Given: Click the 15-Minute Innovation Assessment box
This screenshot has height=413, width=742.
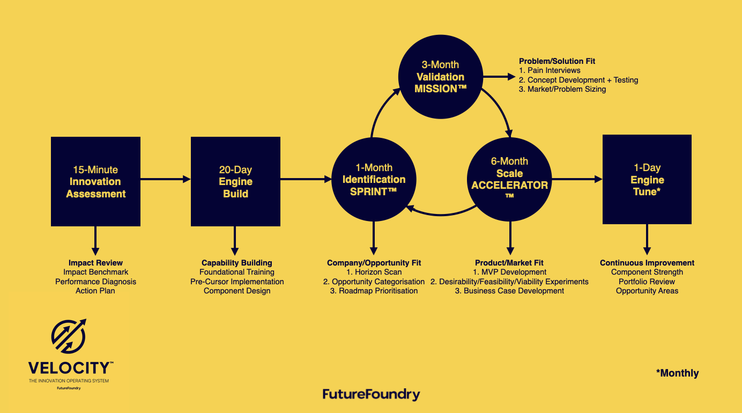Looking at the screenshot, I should [x=95, y=181].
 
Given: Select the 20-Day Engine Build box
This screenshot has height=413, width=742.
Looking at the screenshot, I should [x=235, y=181].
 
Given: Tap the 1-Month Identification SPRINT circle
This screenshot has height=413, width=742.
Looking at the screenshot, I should [x=374, y=179].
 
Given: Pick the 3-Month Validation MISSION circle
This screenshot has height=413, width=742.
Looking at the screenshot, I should [x=440, y=77].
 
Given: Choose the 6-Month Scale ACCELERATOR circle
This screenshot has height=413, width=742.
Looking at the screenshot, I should [x=509, y=179].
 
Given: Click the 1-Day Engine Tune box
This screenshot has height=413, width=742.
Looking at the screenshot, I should [x=647, y=179].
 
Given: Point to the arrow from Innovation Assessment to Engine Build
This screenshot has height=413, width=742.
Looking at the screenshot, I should [x=165, y=179].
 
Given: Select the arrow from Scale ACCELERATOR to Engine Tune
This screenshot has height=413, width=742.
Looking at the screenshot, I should [x=576, y=179].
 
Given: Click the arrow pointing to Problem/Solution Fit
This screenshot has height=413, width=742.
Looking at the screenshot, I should [x=499, y=77].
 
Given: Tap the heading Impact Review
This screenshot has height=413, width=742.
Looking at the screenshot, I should [x=95, y=263].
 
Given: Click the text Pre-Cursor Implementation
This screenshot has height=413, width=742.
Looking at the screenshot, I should [x=237, y=282].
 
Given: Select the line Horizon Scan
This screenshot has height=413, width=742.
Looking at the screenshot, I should [x=374, y=272].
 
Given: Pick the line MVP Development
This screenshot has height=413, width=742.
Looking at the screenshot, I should [x=509, y=272].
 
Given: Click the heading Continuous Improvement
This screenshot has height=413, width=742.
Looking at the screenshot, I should [x=647, y=263].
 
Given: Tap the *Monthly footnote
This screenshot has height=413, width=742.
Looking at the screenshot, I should [x=677, y=373].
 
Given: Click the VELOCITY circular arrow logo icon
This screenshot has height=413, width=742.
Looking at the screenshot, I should [x=69, y=336].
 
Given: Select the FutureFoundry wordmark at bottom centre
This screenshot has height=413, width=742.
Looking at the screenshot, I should [x=371, y=395].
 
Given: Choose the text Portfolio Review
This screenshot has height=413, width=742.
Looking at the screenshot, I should [x=647, y=282].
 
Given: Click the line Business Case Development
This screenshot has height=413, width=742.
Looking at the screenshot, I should [x=509, y=291].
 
